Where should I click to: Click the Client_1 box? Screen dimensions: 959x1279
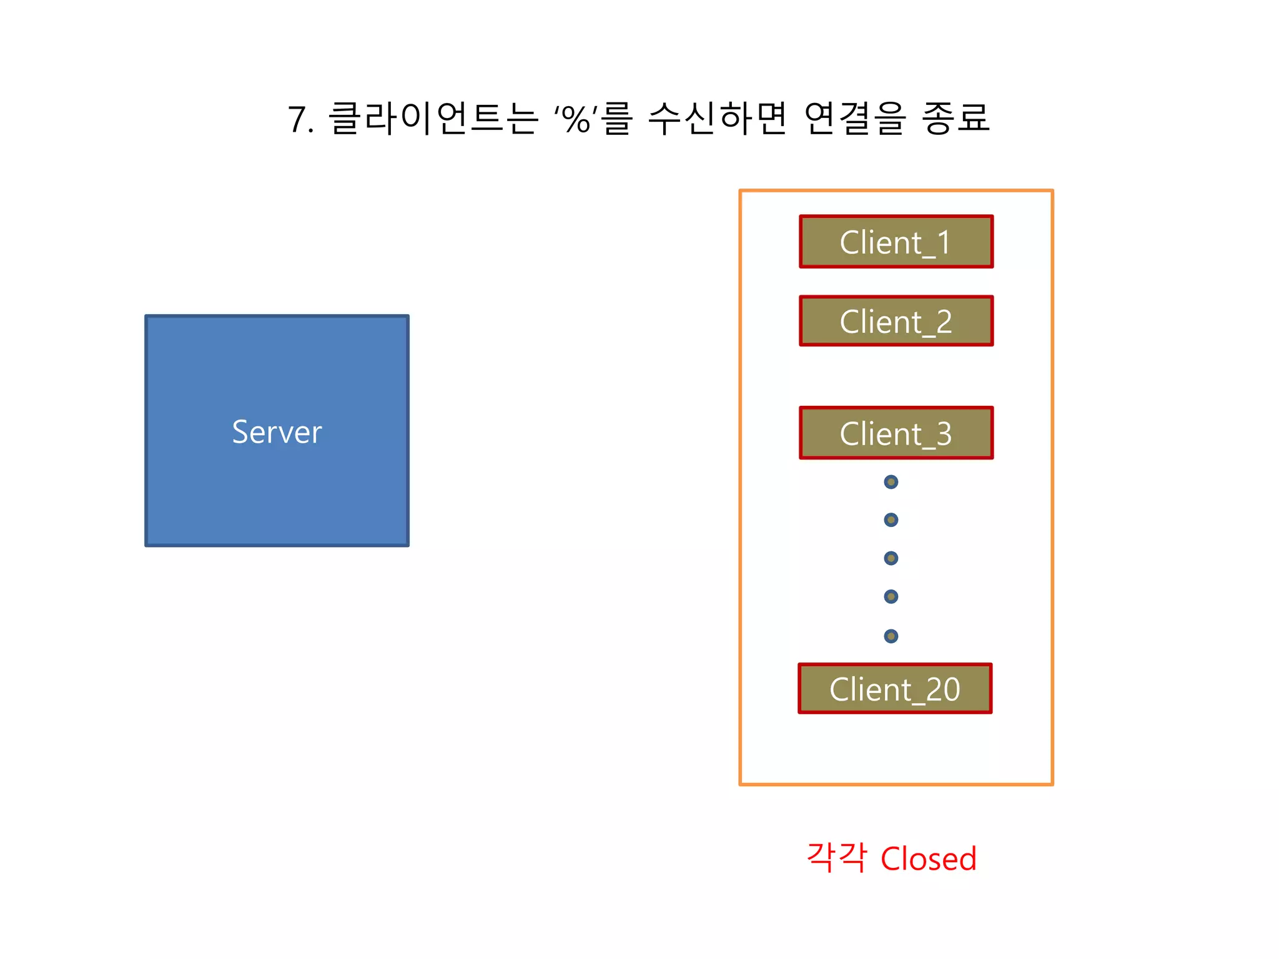(896, 242)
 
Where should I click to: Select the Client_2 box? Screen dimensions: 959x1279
(896, 321)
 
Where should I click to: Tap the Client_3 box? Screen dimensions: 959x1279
(896, 433)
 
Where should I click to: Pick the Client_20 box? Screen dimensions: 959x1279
(894, 689)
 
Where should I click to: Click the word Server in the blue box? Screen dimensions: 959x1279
(277, 432)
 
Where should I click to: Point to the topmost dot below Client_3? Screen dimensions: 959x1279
(891, 482)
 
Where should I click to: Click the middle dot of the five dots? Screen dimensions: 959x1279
(891, 558)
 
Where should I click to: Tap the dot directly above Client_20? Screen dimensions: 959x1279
(891, 636)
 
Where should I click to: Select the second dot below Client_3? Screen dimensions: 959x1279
(891, 520)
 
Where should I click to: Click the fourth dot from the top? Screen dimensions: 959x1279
(891, 597)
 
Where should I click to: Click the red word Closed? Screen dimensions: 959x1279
(928, 859)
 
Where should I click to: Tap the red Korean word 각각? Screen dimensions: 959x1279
(837, 858)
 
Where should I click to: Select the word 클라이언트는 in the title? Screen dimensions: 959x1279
(432, 118)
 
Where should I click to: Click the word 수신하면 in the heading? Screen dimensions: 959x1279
(717, 118)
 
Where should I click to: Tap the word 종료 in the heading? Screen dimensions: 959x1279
(956, 118)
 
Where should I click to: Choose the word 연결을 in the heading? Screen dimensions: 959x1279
(854, 118)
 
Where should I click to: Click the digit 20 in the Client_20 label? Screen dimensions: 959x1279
(943, 689)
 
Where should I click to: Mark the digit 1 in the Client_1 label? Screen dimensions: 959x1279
(944, 242)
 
